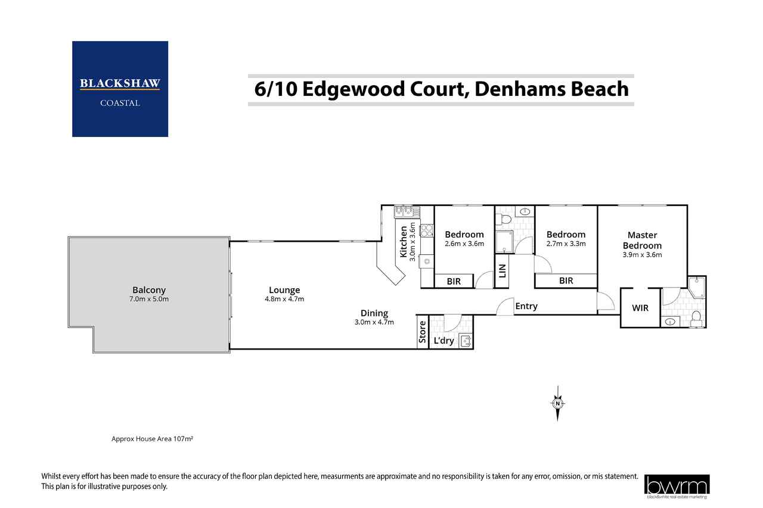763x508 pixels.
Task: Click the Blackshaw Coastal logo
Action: [120, 89]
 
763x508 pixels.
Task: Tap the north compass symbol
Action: [557, 404]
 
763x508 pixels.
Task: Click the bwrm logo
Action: [677, 486]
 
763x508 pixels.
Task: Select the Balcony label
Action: [150, 290]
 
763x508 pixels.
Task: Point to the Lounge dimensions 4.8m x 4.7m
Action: [284, 299]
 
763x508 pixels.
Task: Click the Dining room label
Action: [374, 313]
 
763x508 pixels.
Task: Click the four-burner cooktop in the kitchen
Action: [427, 230]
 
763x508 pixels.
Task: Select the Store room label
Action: [423, 332]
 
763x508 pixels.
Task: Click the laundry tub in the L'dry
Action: [466, 341]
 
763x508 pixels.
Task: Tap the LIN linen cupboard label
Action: [501, 272]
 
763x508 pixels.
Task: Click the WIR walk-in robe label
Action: [640, 308]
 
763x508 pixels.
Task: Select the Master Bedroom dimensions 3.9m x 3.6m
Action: [642, 255]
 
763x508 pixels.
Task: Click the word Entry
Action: [526, 306]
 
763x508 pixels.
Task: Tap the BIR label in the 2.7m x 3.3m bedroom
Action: [566, 281]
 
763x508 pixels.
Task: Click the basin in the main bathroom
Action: [524, 211]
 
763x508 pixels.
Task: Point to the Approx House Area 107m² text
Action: [153, 439]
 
